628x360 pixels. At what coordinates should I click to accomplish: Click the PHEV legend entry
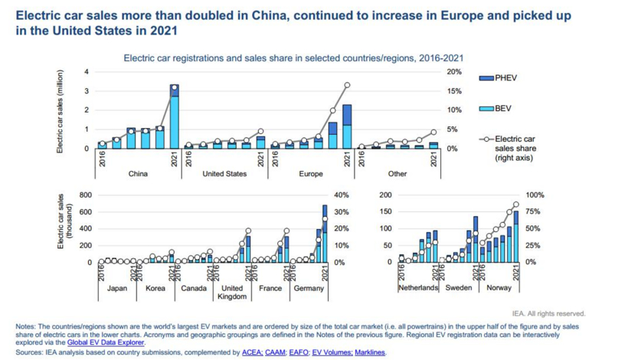505,77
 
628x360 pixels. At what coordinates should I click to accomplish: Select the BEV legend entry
503,109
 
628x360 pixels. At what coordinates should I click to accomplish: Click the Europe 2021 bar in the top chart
347,126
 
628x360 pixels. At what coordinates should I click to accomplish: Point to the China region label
138,173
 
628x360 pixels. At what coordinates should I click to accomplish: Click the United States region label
224,173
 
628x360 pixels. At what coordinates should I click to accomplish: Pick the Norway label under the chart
499,288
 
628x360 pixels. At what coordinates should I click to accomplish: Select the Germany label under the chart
309,288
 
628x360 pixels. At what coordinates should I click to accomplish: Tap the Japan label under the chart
116,288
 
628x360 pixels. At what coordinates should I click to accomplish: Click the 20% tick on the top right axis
454,72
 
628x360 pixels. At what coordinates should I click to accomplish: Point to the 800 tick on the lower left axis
85,195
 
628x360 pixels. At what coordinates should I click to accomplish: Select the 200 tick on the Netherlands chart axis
385,195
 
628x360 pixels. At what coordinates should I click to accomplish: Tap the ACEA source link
251,353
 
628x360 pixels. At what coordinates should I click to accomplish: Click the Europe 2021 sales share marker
347,85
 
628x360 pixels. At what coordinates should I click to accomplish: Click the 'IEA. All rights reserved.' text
549,313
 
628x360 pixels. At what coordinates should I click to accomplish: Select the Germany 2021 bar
325,234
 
